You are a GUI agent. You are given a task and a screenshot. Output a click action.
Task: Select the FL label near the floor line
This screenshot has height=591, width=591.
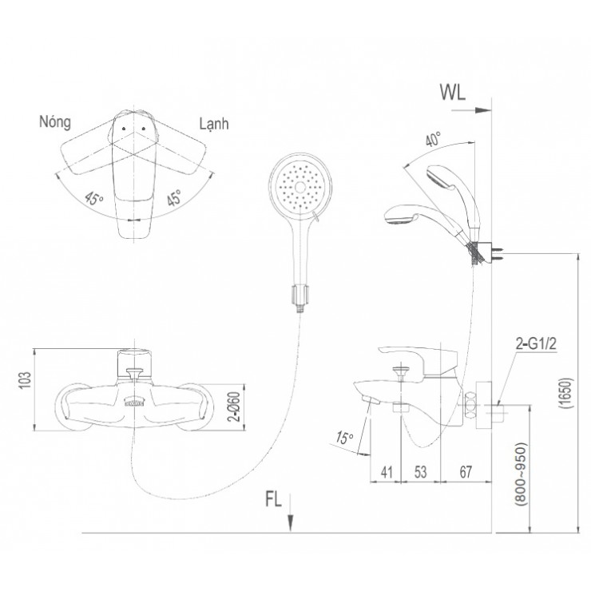pos(273,501)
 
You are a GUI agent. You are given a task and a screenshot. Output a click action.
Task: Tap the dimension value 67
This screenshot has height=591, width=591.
pos(466,471)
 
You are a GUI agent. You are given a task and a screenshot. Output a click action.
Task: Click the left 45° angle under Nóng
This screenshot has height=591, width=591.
pos(96,200)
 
